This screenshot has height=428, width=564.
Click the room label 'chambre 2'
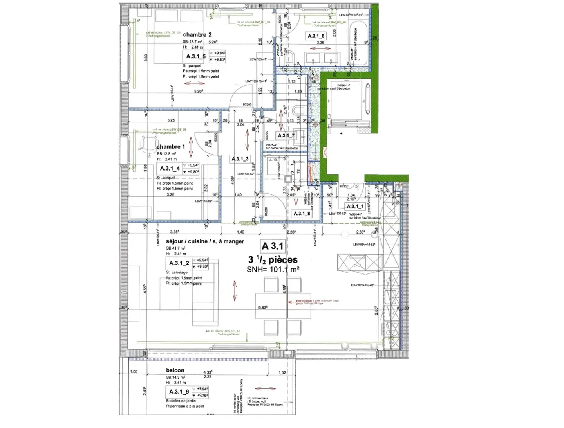(x=197, y=35)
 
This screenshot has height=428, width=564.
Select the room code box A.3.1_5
(x=195, y=56)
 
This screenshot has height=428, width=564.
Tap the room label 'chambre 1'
(x=170, y=147)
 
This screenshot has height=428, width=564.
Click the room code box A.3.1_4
(x=170, y=168)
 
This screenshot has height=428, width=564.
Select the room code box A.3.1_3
(x=240, y=159)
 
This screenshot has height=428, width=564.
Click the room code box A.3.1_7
(x=286, y=135)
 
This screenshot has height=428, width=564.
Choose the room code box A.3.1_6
(x=316, y=36)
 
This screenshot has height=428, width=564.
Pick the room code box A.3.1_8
(x=302, y=213)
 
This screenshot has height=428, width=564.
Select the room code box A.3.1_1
(x=355, y=206)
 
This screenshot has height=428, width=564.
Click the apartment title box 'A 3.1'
(x=272, y=246)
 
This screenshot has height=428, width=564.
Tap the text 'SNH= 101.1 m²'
(x=273, y=269)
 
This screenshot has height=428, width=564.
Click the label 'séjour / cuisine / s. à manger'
(x=205, y=241)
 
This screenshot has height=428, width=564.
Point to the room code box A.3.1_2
(x=179, y=263)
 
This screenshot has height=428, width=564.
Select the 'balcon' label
(x=175, y=370)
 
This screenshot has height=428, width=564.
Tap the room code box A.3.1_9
(x=179, y=392)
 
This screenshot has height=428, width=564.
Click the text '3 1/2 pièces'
(x=273, y=259)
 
